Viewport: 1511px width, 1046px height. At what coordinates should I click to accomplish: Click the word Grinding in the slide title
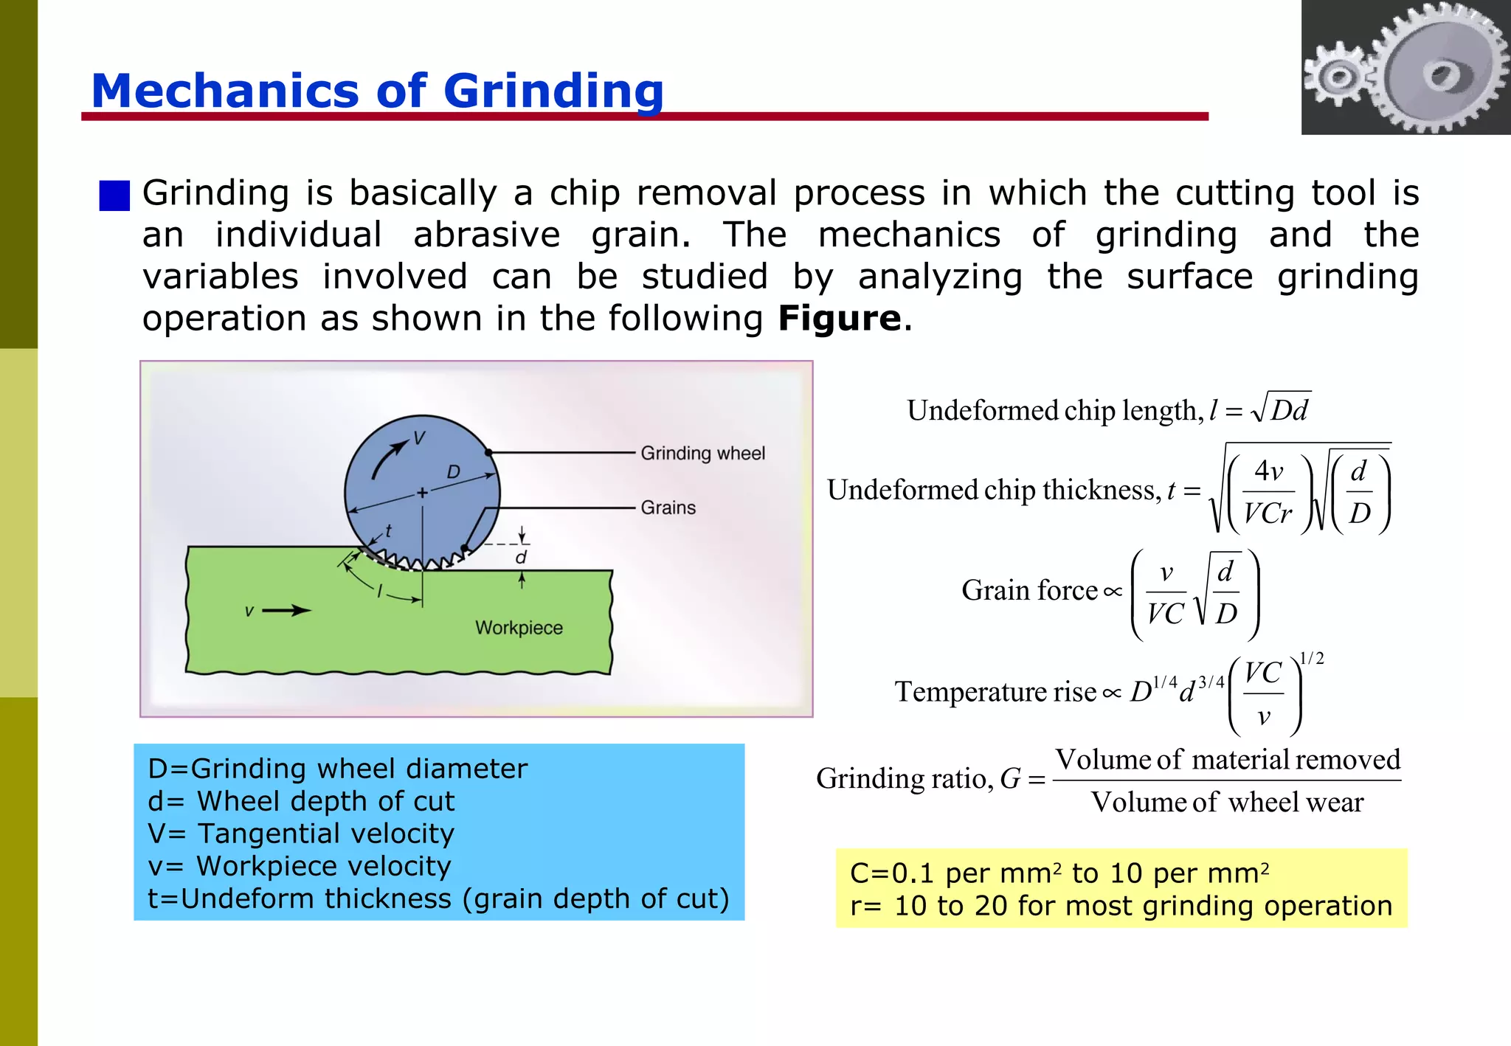click(553, 91)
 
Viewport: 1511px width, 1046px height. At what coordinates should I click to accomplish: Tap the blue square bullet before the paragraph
click(114, 195)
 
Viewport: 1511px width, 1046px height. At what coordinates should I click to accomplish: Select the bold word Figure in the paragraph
click(840, 319)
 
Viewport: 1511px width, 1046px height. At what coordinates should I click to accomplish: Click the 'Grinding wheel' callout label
click(702, 453)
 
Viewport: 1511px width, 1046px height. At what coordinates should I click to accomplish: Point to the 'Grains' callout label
click(668, 508)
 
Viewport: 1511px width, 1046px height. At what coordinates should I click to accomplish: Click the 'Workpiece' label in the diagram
click(519, 628)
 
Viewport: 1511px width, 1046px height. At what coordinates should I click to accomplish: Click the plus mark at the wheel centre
click(422, 492)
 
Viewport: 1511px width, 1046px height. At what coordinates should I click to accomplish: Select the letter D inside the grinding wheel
click(453, 472)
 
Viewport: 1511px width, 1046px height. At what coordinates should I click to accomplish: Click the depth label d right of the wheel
click(521, 558)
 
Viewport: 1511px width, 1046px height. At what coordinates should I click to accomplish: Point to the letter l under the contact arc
click(380, 591)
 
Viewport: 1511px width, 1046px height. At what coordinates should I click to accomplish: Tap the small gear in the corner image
click(1337, 76)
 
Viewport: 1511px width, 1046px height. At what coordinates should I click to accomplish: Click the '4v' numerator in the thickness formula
click(1269, 471)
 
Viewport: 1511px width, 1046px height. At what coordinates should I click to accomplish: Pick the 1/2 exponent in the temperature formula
click(1311, 659)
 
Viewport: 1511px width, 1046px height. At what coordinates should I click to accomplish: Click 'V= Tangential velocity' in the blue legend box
click(301, 834)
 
